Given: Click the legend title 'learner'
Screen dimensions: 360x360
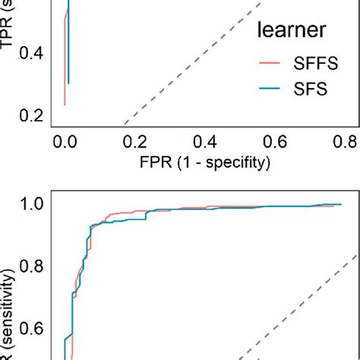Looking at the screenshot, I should click(292, 30).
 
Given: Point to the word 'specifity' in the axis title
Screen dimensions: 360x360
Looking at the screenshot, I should click(235, 162).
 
